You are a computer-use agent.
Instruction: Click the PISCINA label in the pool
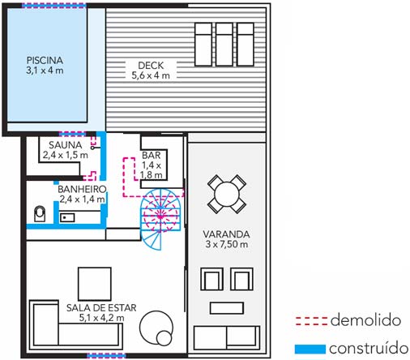[x=45, y=60]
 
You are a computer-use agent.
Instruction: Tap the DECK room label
[x=151, y=66]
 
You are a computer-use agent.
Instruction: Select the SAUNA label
[x=66, y=145]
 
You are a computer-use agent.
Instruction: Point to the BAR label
[x=152, y=156]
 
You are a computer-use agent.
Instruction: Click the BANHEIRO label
[x=82, y=189]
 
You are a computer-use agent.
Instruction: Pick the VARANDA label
[x=226, y=234]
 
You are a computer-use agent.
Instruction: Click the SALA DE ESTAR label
[x=101, y=308]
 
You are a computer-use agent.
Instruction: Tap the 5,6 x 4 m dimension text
[x=151, y=75]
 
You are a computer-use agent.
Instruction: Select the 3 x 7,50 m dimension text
[x=227, y=244]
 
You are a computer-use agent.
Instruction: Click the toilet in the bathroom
[x=40, y=213]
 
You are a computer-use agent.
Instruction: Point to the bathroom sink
[x=67, y=217]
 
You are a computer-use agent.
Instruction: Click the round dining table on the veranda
[x=227, y=195]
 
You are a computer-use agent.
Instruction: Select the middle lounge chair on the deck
[x=224, y=45]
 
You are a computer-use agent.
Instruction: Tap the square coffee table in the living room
[x=95, y=284]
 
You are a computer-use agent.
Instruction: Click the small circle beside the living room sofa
[x=164, y=338]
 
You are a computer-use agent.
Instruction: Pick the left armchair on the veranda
[x=211, y=279]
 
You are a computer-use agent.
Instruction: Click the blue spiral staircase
[x=160, y=219]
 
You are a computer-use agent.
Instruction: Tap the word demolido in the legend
[x=365, y=320]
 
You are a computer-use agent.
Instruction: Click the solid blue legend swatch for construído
[x=310, y=349]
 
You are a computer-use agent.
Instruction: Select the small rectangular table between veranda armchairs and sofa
[x=227, y=308]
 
